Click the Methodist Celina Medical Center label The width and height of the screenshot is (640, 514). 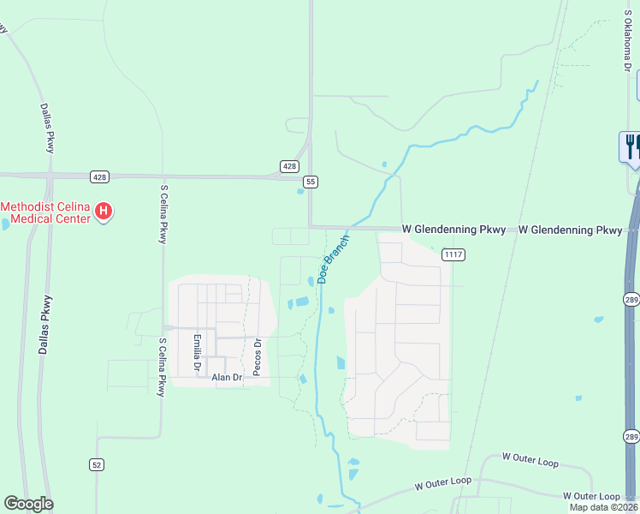point(44,212)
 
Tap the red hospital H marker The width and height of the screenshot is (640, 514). point(104,211)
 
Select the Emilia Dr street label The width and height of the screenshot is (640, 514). point(196,353)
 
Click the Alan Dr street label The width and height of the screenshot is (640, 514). point(228,377)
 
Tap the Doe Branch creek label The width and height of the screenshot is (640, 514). point(334,259)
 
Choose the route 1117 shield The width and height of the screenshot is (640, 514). point(453,254)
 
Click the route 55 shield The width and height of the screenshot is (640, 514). point(310,182)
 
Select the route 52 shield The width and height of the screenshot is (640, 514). point(97,463)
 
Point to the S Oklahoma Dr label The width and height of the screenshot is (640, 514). point(626,42)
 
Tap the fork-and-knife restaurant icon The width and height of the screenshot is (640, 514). point(631,146)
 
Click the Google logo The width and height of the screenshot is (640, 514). point(28,503)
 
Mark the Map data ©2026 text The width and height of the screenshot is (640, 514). point(604,507)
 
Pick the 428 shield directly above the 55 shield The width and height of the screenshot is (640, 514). point(289,165)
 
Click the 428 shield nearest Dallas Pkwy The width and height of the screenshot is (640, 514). point(100,176)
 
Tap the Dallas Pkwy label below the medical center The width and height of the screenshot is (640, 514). point(44,326)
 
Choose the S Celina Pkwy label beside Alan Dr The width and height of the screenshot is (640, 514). point(161,367)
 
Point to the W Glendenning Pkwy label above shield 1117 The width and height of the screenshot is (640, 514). point(454,230)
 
